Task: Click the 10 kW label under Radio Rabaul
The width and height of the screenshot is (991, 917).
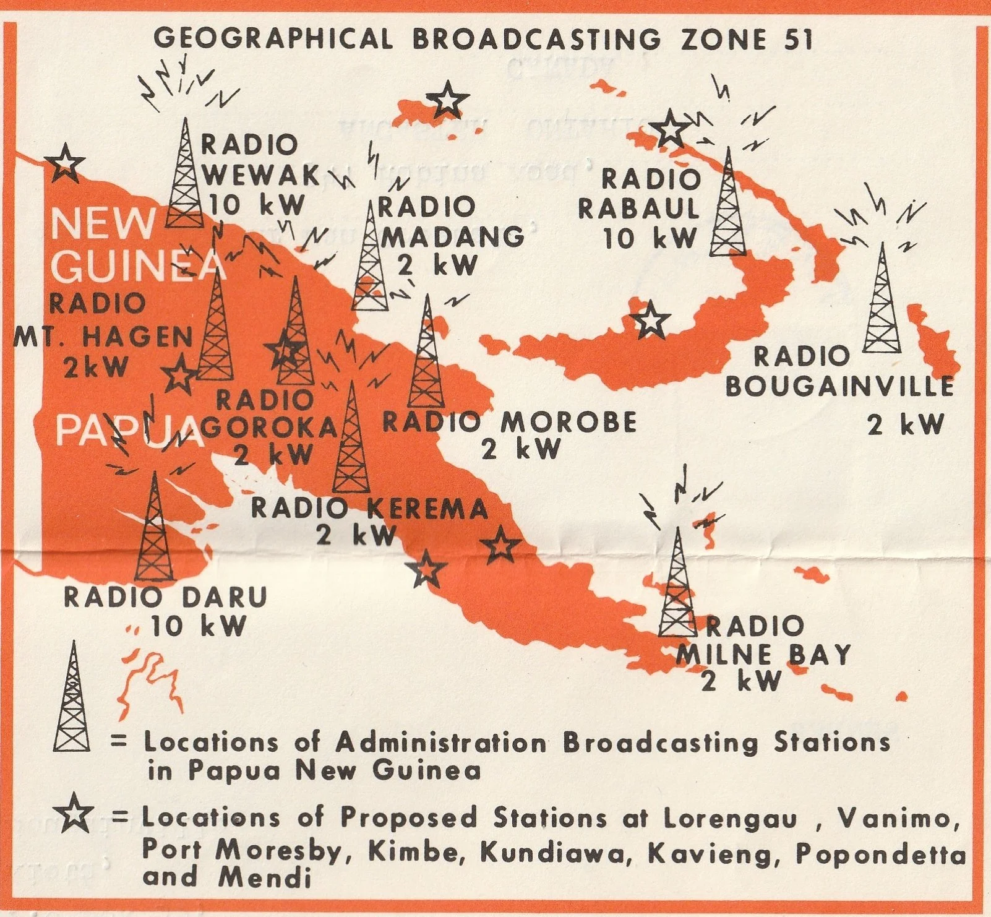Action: [x=650, y=239]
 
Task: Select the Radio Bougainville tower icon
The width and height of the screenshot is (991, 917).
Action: [x=882, y=300]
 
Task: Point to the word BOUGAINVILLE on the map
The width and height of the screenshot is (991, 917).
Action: [x=839, y=387]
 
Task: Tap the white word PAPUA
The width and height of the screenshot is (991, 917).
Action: [x=129, y=431]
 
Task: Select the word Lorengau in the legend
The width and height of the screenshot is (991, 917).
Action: [x=731, y=819]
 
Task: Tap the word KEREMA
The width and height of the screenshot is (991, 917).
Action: [x=427, y=509]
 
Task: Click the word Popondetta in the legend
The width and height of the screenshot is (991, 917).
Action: [x=880, y=854]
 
